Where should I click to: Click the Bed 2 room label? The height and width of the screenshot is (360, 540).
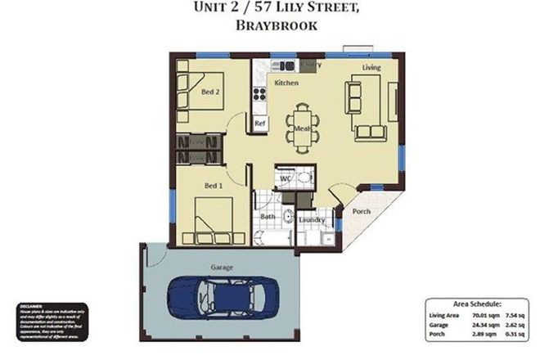[x=211, y=92]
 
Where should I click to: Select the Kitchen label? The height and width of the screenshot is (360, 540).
[x=286, y=83]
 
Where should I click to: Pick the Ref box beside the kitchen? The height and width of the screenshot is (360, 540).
[x=260, y=123]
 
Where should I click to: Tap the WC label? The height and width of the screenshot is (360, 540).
[x=287, y=178]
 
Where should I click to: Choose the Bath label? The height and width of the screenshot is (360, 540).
[x=268, y=217]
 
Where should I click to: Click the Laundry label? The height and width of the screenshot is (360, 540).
[x=313, y=219]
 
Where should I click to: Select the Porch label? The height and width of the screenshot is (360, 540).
[x=361, y=211]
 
